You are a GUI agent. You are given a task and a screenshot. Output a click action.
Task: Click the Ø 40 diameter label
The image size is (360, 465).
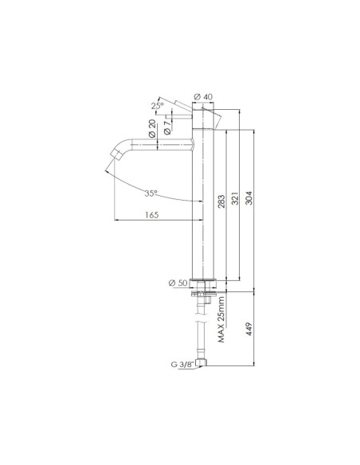pyautogui.click(x=203, y=96)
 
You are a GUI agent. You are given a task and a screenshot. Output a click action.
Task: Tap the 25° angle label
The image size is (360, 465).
pyautogui.click(x=157, y=106)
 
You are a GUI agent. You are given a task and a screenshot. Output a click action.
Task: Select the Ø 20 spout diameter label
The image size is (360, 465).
pyautogui.click(x=152, y=129)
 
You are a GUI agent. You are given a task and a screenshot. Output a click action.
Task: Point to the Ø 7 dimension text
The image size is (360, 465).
pyautogui.click(x=167, y=126)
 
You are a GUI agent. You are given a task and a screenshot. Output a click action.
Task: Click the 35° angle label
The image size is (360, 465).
pyautogui.click(x=151, y=193)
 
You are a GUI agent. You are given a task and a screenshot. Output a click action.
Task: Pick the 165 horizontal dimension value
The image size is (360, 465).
pyautogui.click(x=152, y=215)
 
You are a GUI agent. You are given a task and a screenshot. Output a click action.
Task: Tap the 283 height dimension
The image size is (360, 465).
pyautogui.click(x=221, y=201)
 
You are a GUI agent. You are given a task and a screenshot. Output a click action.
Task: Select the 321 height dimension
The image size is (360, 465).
pyautogui.click(x=235, y=198)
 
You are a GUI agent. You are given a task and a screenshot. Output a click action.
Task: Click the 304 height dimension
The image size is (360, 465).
pyautogui.click(x=248, y=197)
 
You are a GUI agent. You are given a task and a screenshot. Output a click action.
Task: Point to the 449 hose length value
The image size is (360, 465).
pyautogui.click(x=248, y=329)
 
